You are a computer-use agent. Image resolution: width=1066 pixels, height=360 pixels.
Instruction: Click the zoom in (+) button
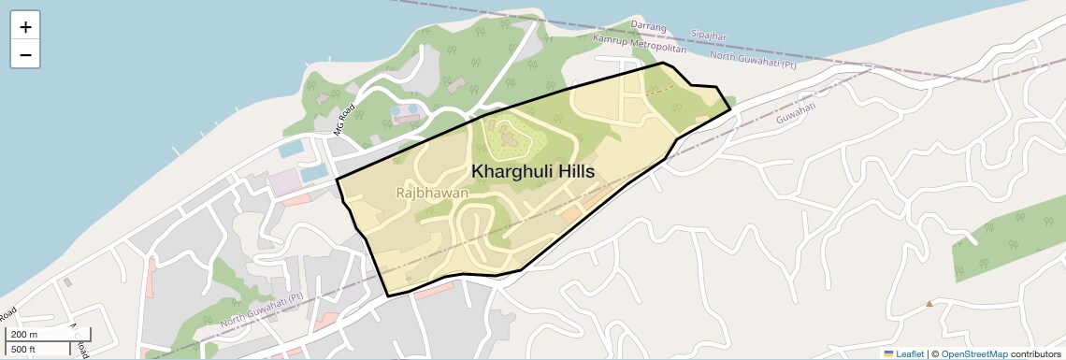click(x=25, y=27)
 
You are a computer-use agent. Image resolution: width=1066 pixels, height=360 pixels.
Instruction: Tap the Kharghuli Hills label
click(x=532, y=172)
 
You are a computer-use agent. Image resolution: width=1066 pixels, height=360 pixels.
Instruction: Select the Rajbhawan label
click(x=432, y=193)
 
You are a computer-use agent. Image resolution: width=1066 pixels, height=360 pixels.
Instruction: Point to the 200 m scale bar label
click(x=25, y=335)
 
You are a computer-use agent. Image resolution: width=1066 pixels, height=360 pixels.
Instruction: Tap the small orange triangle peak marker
click(x=929, y=303)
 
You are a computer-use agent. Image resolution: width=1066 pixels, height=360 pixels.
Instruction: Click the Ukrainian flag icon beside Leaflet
click(x=888, y=353)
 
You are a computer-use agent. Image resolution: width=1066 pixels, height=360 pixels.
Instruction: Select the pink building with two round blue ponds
click(x=406, y=114)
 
